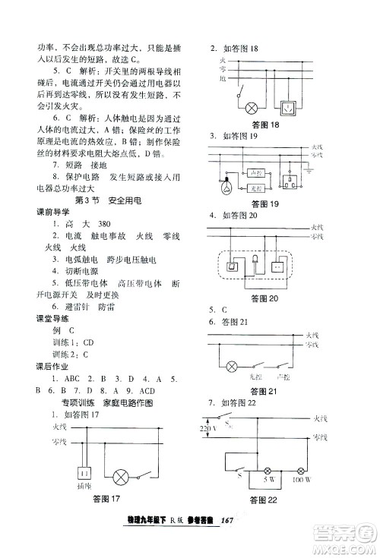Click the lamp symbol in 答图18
[255, 107]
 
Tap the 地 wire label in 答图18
[222, 78]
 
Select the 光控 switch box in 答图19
[255, 189]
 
